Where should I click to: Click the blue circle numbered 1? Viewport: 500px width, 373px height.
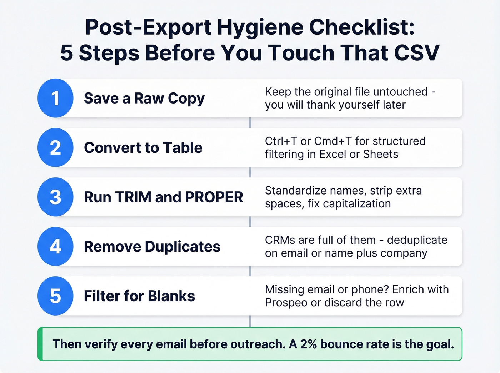coord(55,98)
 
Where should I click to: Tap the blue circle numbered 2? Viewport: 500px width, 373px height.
coord(55,147)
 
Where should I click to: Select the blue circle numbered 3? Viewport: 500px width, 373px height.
coord(55,197)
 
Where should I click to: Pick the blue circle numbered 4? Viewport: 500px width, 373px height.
coord(55,246)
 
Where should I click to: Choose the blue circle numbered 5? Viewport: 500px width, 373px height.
coord(55,296)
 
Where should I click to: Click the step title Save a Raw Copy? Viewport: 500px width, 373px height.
coord(144,99)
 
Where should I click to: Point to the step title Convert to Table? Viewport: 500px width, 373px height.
coord(143,148)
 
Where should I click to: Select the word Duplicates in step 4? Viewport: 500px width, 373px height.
coord(182,247)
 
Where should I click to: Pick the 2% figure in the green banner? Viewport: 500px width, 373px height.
coord(308,344)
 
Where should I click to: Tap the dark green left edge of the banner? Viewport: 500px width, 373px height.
coord(40,344)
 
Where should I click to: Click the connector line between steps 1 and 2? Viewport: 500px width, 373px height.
coord(250,122)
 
